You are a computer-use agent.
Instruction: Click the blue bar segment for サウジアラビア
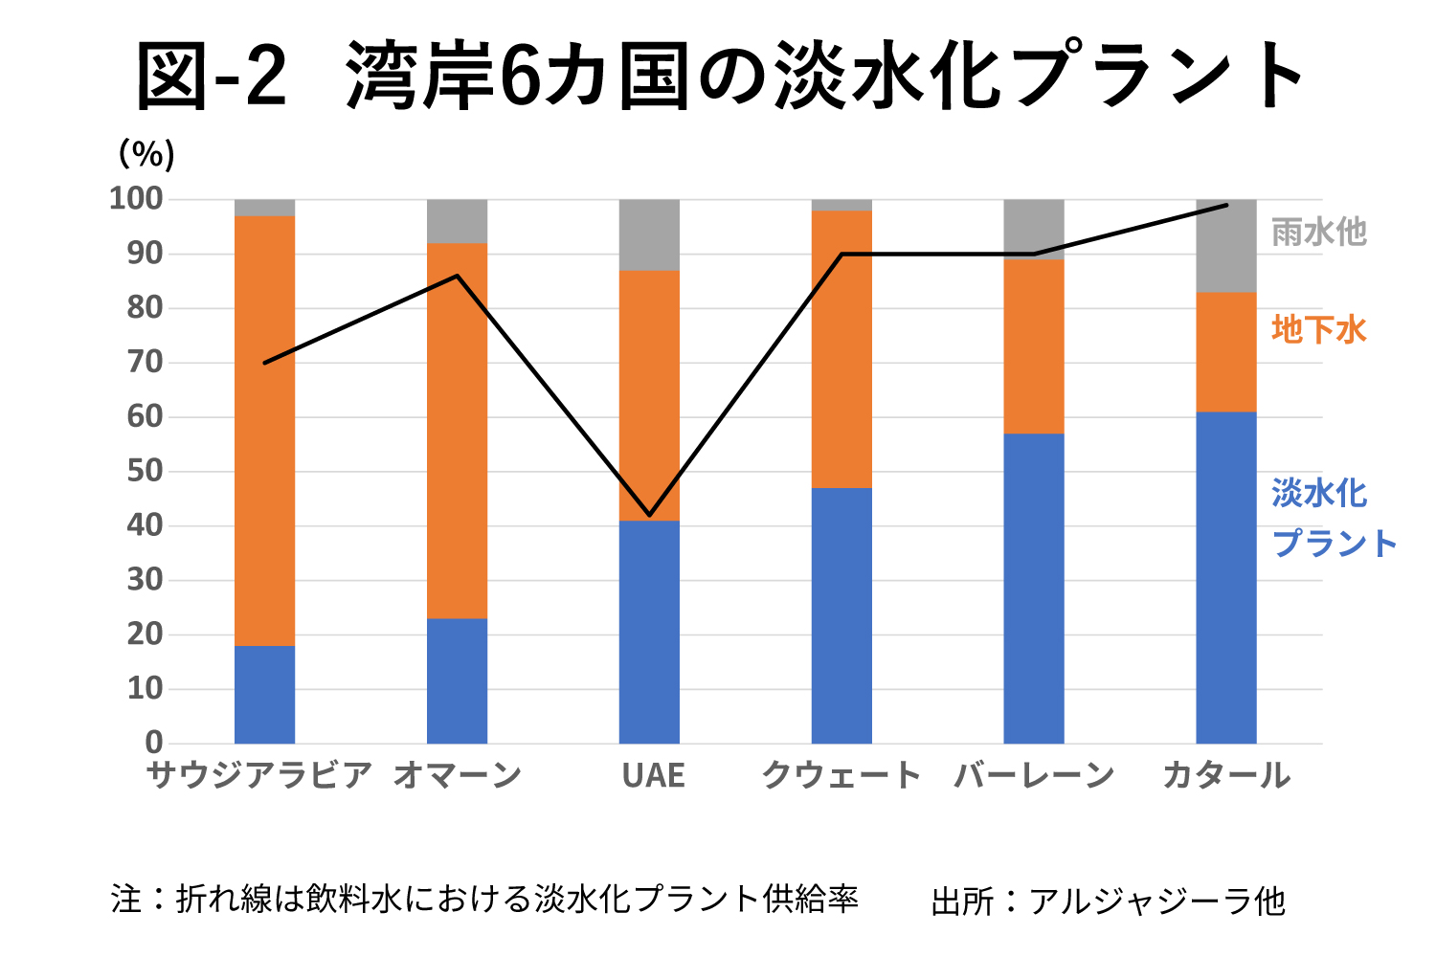click(264, 694)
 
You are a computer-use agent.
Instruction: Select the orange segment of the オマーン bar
click(457, 431)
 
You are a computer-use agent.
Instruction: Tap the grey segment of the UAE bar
click(649, 235)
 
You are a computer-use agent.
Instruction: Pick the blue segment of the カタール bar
click(1226, 577)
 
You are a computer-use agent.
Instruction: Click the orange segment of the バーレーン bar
click(1034, 346)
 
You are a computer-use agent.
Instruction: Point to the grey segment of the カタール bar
click(1226, 247)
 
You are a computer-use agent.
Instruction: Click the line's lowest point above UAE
click(650, 515)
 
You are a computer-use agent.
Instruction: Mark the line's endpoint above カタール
click(1226, 205)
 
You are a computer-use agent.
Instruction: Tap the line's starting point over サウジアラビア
click(264, 363)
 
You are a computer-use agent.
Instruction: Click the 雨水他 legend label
click(1318, 233)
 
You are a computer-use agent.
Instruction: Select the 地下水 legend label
click(1318, 330)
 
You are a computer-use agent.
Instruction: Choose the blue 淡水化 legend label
click(1319, 494)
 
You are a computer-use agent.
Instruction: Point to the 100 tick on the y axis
click(136, 199)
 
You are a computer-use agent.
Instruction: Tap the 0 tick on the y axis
click(153, 742)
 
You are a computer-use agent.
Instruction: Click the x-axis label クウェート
click(841, 775)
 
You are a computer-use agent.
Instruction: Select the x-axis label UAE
click(653, 775)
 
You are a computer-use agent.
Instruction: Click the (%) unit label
click(146, 153)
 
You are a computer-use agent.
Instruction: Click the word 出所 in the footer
click(961, 901)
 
